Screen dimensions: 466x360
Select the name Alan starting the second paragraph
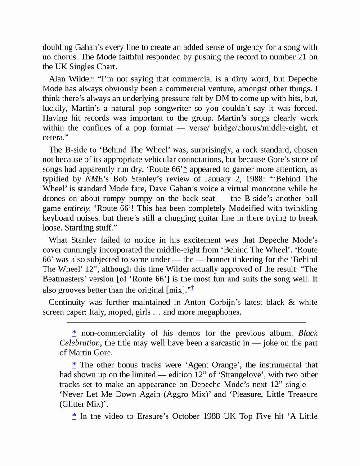click(58, 78)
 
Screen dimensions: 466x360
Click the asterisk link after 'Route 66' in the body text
click(185, 169)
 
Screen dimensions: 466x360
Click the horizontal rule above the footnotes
click(186, 322)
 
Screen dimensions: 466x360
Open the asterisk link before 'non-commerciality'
click(74, 333)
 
